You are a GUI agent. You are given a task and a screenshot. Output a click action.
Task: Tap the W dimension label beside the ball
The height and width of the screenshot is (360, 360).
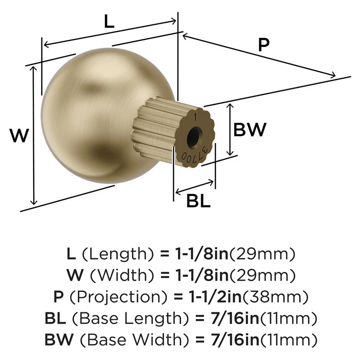coord(19,136)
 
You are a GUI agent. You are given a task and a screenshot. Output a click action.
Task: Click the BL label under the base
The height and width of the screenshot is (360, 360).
coord(198,201)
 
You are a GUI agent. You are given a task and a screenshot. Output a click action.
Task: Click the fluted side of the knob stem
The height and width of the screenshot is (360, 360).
coord(153,126)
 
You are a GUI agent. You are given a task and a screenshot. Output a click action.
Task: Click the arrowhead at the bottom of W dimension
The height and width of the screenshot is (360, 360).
coord(34,202)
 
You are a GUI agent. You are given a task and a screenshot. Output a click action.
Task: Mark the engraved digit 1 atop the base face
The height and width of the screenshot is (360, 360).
coord(195,117)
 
